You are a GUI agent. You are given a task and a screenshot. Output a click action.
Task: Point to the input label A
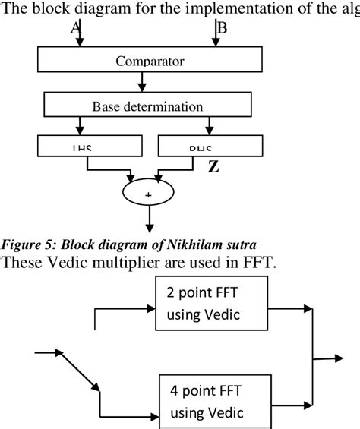point(74,27)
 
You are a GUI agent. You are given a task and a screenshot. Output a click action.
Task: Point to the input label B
point(222,27)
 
